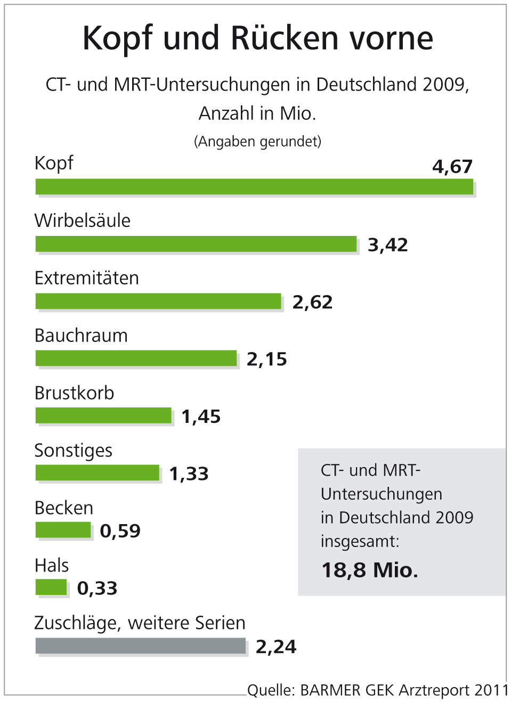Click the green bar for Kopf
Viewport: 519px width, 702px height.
pos(254,187)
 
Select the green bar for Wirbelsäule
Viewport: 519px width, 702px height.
pos(196,244)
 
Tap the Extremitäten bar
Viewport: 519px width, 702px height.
pos(158,301)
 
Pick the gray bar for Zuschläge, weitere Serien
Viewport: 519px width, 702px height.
pos(141,646)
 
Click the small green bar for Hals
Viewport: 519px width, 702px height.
pos(51,587)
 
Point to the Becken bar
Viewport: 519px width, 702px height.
pos(63,530)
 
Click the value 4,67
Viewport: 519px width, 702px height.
pos(452,167)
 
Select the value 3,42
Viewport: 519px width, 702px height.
pos(388,245)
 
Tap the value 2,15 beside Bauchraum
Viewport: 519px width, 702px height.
pos(266,360)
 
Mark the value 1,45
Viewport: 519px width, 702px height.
pos(201,417)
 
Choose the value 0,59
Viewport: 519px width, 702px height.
pos(120,531)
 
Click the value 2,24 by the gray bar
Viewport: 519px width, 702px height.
pos(276,647)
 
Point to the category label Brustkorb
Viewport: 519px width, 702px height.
pos(74,393)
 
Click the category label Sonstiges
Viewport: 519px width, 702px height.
pos(74,451)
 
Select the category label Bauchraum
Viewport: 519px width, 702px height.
pos(81,336)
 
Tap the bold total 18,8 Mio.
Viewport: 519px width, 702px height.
pos(370,570)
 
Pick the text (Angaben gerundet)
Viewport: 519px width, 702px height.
pos(258,141)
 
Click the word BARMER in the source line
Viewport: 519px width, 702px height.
pos(330,690)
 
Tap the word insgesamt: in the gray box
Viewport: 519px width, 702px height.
pos(360,542)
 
